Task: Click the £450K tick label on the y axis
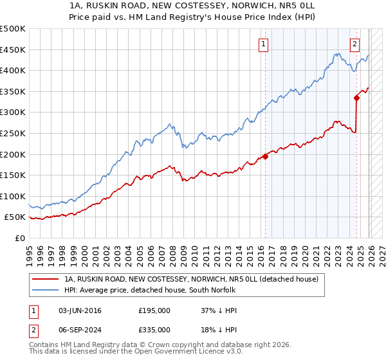pyautogui.click(x=13, y=50)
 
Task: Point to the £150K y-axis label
pyautogui.click(x=13, y=175)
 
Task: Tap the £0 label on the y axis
pyautogui.click(x=19, y=238)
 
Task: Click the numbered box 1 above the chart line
pyautogui.click(x=264, y=44)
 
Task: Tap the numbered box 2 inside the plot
pyautogui.click(x=354, y=44)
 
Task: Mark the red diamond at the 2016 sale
pyautogui.click(x=265, y=156)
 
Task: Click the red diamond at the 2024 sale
pyautogui.click(x=356, y=98)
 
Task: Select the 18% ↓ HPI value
pyautogui.click(x=219, y=327)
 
